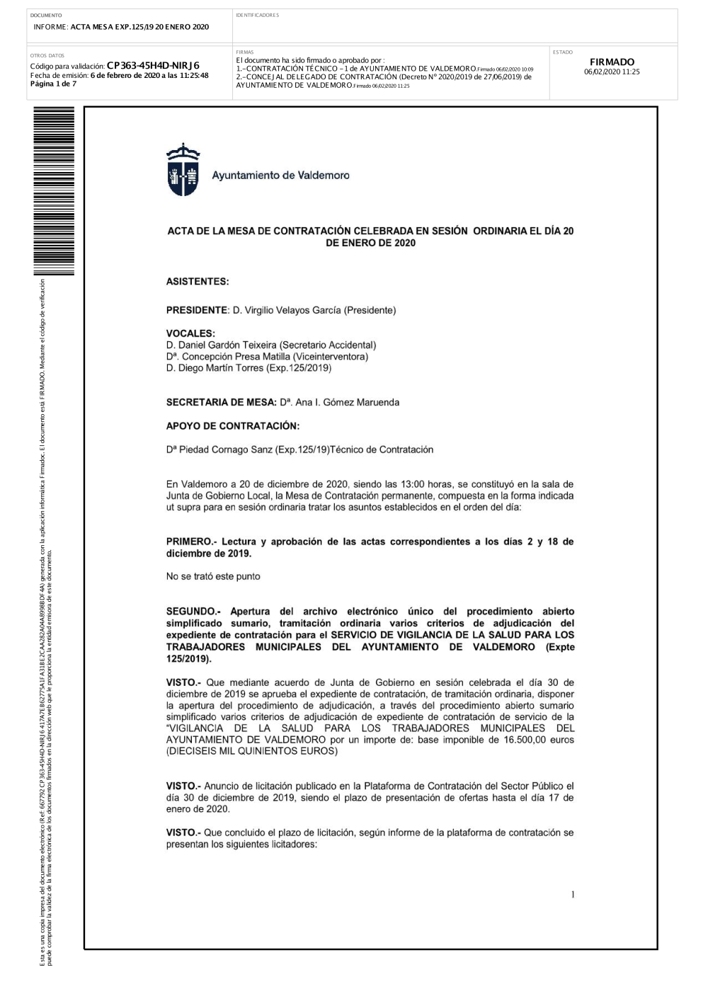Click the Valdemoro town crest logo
pos(183,170)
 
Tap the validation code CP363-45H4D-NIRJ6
pos(153,66)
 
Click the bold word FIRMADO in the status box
pos(612,62)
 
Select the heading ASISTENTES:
pos(198,282)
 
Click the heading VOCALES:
pos(190,333)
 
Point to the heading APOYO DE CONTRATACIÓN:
pos(233,426)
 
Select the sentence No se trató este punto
pos(213,576)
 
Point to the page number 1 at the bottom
pos(573,896)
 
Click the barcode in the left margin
pos(54,191)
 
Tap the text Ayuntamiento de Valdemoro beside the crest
pos(280,176)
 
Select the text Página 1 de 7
pos(53,84)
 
